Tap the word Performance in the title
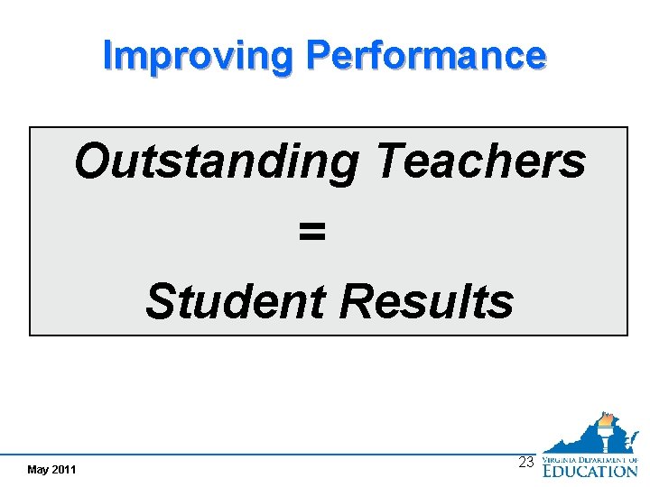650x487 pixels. pyautogui.click(x=426, y=55)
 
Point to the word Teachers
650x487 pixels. pyautogui.click(x=479, y=161)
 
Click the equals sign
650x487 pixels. pyautogui.click(x=311, y=233)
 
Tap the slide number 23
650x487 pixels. pyautogui.click(x=526, y=462)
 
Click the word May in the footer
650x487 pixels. pyautogui.click(x=39, y=470)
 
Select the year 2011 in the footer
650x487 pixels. pyautogui.click(x=64, y=470)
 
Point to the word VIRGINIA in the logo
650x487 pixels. pyautogui.click(x=562, y=457)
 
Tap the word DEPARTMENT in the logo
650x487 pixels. pyautogui.click(x=605, y=457)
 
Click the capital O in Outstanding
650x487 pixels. pyautogui.click(x=91, y=161)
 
